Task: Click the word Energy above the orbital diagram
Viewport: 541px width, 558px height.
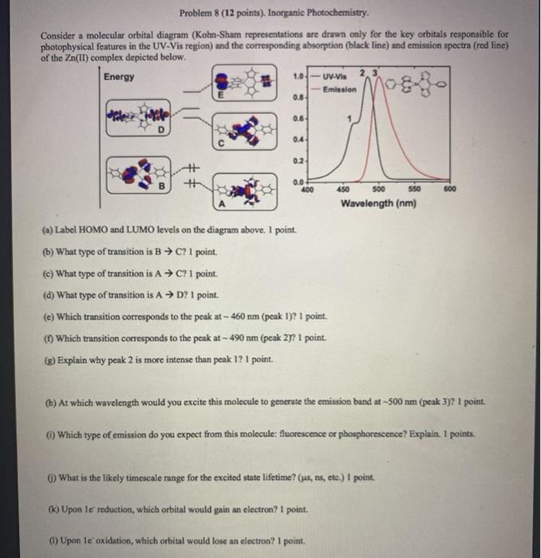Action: [119, 77]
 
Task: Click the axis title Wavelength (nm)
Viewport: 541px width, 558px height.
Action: [378, 204]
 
